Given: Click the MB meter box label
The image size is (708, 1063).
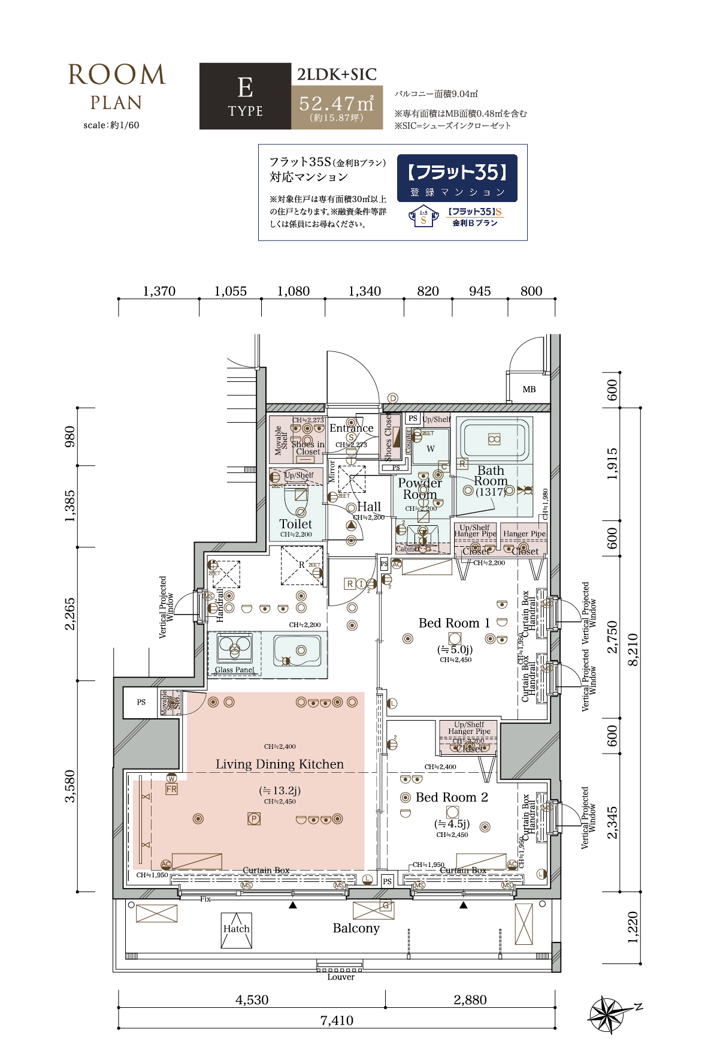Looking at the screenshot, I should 529,389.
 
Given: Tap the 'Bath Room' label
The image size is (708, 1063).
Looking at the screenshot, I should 491,476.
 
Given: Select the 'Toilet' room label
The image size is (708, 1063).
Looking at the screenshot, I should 296,523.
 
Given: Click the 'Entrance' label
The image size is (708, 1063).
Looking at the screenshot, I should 351,428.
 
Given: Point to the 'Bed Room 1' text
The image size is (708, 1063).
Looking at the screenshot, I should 454,623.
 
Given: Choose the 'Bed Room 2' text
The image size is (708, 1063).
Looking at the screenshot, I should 452,797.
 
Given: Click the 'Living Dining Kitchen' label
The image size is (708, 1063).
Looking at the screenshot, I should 280,764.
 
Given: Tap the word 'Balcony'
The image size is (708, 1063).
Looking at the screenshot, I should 356,928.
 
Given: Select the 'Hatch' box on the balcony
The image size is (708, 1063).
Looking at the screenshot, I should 237,929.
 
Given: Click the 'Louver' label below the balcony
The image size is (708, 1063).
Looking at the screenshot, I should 341,977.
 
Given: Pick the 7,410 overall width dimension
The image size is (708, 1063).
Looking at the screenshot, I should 337,1020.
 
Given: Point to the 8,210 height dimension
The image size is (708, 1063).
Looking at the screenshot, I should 633,649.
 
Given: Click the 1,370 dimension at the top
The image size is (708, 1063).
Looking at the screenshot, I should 159,291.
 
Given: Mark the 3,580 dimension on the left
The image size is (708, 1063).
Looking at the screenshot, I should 70,786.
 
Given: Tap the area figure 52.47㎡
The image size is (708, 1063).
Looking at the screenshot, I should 337,104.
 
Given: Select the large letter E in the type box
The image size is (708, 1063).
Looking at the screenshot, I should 245,88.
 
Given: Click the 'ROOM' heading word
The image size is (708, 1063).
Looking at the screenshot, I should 117,76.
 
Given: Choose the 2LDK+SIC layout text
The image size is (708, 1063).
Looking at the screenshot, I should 337,74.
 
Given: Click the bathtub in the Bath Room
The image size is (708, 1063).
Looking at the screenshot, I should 494,439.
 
